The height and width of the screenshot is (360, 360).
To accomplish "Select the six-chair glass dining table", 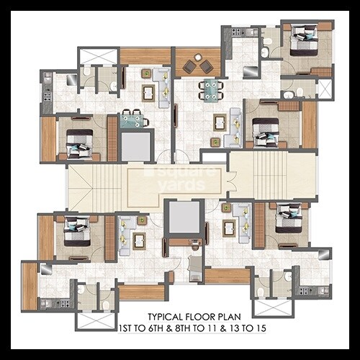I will [212, 89].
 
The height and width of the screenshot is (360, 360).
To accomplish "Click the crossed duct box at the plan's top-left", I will [97, 56].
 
